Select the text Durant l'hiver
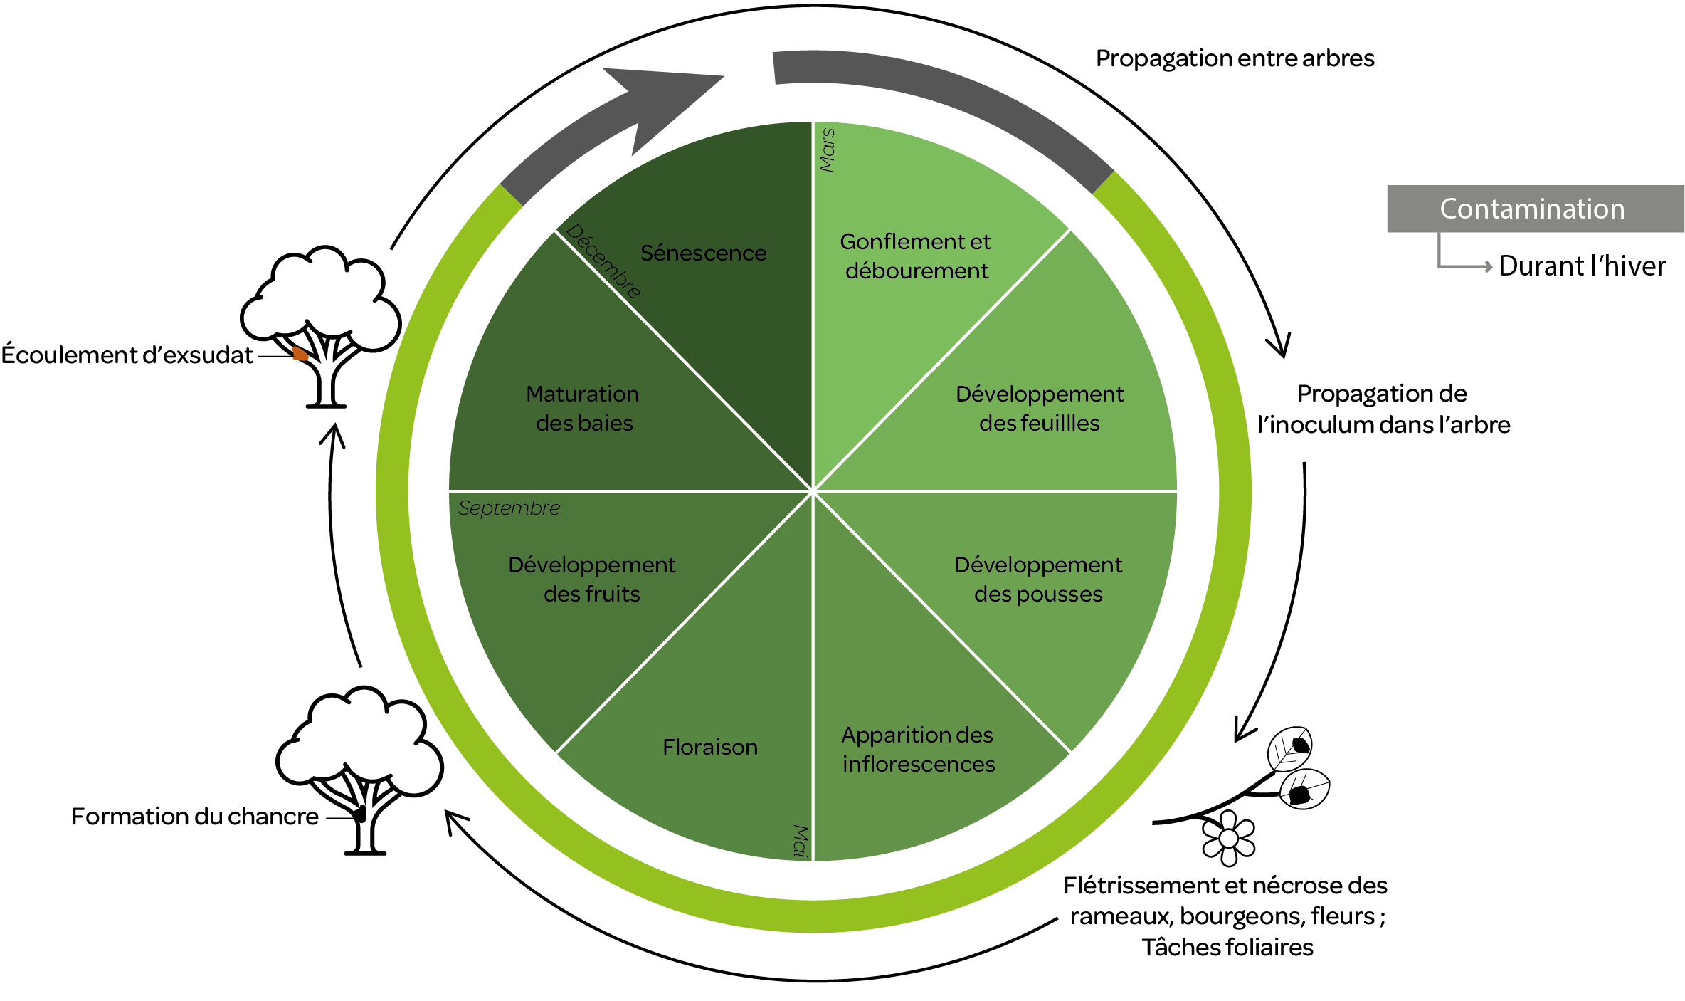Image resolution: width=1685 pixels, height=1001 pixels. click(x=1581, y=266)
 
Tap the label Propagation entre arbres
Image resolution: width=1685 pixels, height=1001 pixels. click(x=1235, y=58)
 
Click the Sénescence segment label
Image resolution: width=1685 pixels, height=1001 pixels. click(x=703, y=253)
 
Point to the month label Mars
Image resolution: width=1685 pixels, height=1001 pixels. click(x=827, y=150)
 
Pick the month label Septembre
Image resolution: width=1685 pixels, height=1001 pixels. click(x=509, y=508)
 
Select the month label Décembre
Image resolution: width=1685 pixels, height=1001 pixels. click(x=603, y=261)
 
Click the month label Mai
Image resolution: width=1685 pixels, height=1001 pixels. click(x=801, y=841)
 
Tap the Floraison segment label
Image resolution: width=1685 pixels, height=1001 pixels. click(x=709, y=748)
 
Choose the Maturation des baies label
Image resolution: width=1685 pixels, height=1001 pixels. click(x=583, y=409)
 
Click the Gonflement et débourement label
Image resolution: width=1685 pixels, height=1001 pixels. click(x=916, y=256)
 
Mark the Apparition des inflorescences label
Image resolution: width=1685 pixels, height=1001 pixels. click(x=918, y=750)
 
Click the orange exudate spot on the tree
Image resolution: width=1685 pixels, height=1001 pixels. click(x=300, y=353)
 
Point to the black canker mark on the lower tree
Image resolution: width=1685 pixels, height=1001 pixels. click(x=361, y=814)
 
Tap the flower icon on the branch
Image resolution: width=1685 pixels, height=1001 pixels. click(x=1228, y=839)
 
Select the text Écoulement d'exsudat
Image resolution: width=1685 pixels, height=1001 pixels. click(x=127, y=355)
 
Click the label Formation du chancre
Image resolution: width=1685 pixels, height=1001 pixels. click(x=195, y=817)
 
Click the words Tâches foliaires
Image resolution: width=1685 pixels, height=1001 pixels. click(x=1227, y=948)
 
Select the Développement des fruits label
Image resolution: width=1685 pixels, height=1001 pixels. click(x=591, y=580)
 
